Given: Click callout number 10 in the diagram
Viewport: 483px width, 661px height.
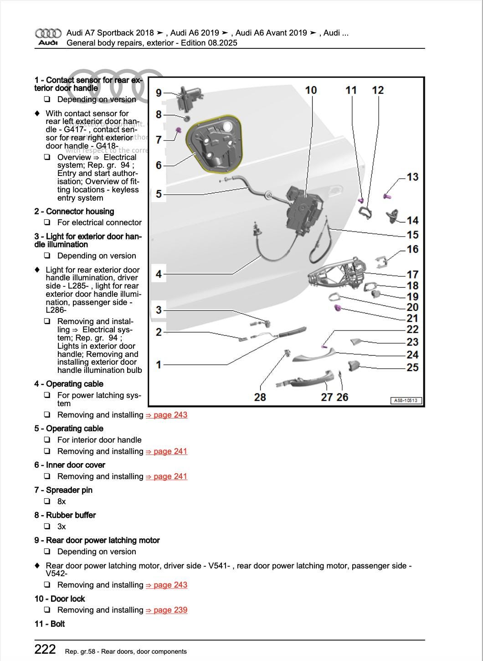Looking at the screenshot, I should pyautogui.click(x=311, y=90).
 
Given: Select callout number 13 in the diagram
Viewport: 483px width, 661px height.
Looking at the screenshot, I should pyautogui.click(x=412, y=177).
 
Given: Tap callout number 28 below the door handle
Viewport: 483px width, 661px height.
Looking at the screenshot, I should pyautogui.click(x=260, y=397).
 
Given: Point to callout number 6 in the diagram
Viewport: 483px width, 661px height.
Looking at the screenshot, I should pyautogui.click(x=159, y=165).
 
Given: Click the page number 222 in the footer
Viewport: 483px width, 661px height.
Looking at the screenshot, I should pyautogui.click(x=45, y=649).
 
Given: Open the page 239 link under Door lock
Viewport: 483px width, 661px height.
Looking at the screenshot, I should pyautogui.click(x=166, y=610).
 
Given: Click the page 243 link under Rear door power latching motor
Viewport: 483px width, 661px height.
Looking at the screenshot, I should pyautogui.click(x=166, y=585).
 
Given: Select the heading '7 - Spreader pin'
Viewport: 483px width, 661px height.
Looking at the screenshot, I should pyautogui.click(x=63, y=490).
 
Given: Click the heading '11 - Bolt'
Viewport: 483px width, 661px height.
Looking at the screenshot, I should pyautogui.click(x=50, y=624).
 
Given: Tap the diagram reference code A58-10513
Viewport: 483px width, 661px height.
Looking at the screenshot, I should pyautogui.click(x=406, y=401).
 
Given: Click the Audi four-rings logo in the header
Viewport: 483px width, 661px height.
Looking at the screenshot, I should pyautogui.click(x=48, y=33).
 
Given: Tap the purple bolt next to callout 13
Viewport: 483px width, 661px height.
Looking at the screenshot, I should pyautogui.click(x=388, y=196).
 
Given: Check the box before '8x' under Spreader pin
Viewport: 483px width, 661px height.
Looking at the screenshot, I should pyautogui.click(x=47, y=501).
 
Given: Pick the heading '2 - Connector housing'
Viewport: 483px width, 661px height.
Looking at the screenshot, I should pyautogui.click(x=74, y=212).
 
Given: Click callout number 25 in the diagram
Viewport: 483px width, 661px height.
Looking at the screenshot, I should pyautogui.click(x=412, y=367).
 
